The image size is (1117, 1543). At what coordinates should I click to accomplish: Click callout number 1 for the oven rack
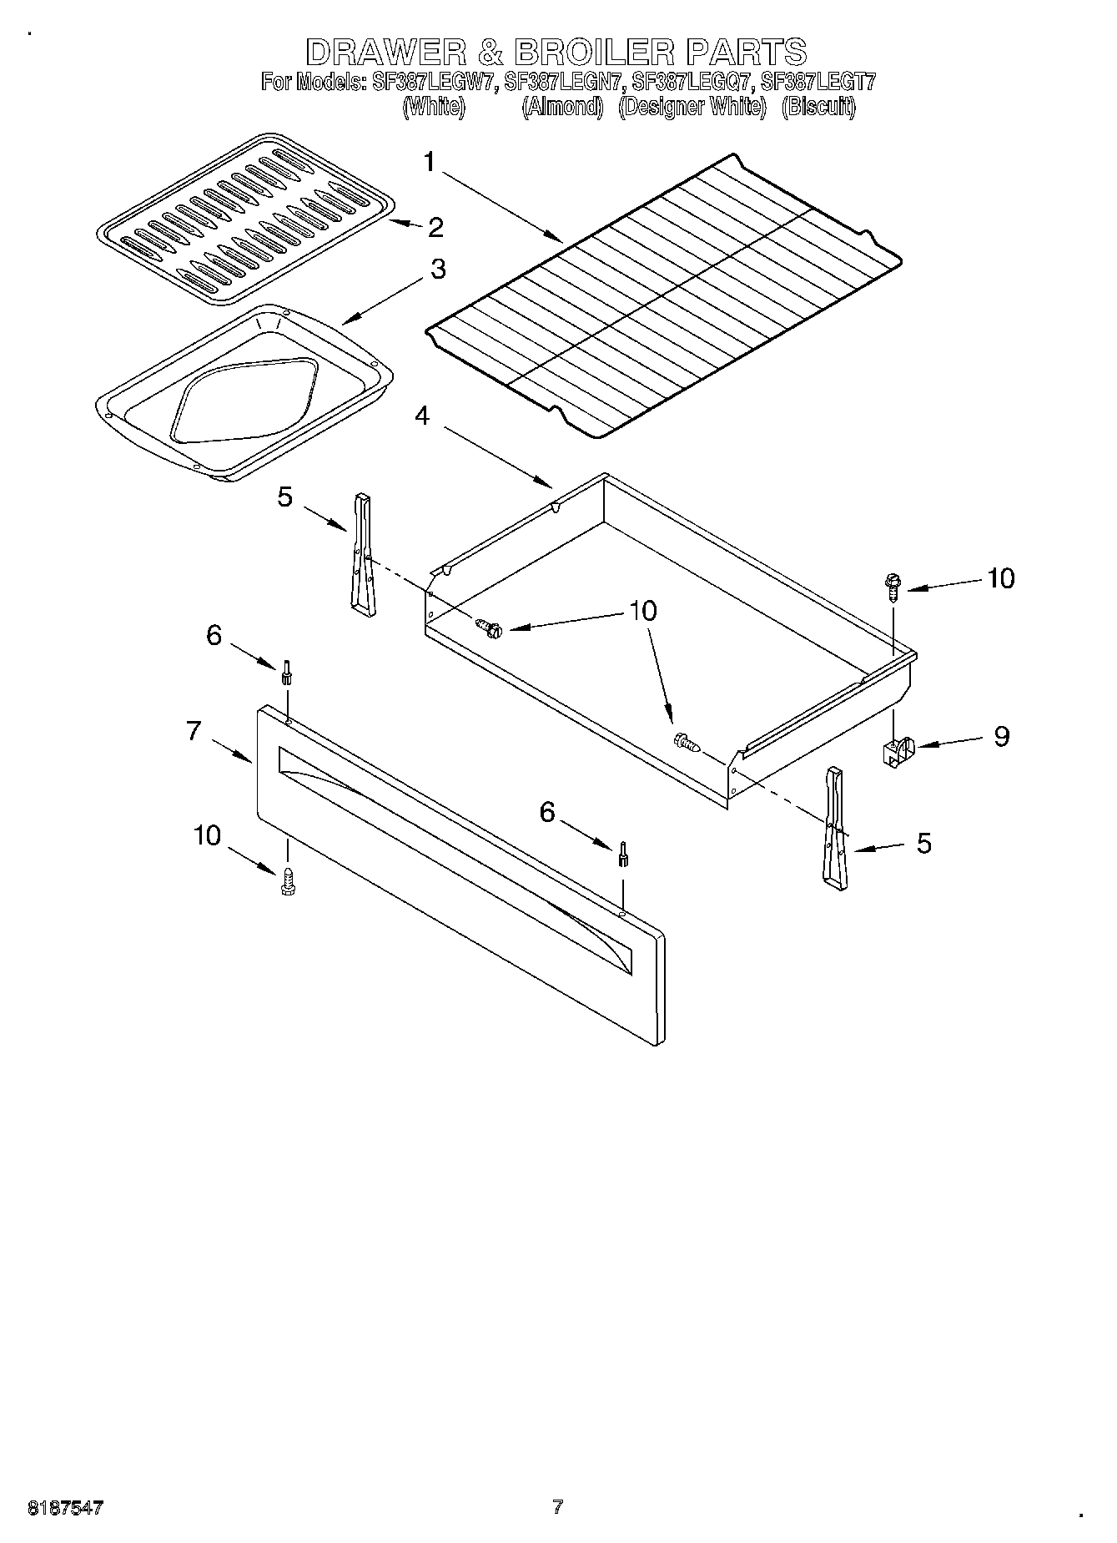(x=429, y=162)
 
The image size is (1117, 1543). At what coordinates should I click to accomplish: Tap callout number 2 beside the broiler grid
(x=435, y=227)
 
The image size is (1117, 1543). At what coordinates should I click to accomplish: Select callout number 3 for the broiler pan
(x=437, y=270)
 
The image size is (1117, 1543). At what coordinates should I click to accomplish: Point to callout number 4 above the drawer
(x=423, y=416)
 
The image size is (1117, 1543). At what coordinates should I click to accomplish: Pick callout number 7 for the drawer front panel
(x=194, y=731)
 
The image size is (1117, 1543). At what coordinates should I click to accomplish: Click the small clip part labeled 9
(x=897, y=751)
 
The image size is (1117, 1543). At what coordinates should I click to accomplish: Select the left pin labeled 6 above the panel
(x=286, y=673)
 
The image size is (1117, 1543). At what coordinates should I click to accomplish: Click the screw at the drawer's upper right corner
(x=893, y=587)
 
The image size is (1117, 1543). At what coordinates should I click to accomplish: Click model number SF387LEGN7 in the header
(x=563, y=82)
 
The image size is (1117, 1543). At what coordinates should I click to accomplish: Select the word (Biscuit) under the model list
(x=818, y=107)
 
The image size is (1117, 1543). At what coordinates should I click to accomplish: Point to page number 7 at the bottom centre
(x=557, y=1507)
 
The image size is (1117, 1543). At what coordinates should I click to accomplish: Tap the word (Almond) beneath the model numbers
(x=562, y=107)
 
